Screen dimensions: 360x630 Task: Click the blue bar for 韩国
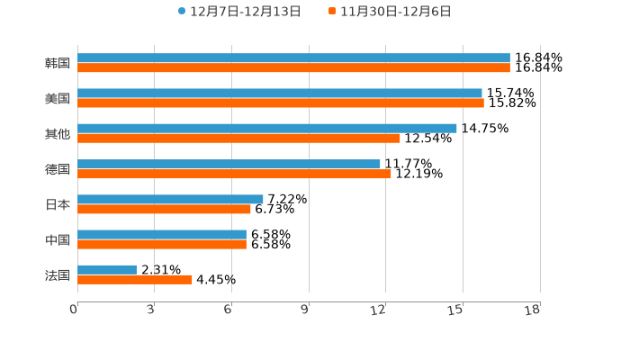[x=293, y=58]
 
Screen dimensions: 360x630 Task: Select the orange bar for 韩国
[x=293, y=67]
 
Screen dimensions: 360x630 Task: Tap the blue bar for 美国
[x=280, y=93]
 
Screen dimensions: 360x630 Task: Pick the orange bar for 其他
[x=238, y=138]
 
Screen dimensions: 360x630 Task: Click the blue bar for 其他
[x=267, y=128]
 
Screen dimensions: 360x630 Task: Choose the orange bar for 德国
[x=234, y=174]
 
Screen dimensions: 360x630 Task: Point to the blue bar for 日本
[x=170, y=199]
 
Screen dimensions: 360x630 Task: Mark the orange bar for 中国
[x=162, y=244]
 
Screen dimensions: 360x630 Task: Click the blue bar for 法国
[x=107, y=269]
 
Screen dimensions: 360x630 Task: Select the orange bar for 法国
[x=135, y=279]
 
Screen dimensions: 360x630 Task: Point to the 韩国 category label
[x=58, y=63]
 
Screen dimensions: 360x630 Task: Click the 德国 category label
[x=58, y=169]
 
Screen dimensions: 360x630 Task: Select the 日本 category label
[x=58, y=204]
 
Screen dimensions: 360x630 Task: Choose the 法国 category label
[x=58, y=274]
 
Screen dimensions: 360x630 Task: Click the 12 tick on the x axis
[x=379, y=310]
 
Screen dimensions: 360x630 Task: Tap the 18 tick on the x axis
[x=533, y=310]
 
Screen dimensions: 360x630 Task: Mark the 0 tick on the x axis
[x=74, y=310]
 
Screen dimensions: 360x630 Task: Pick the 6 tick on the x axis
[x=229, y=310]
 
